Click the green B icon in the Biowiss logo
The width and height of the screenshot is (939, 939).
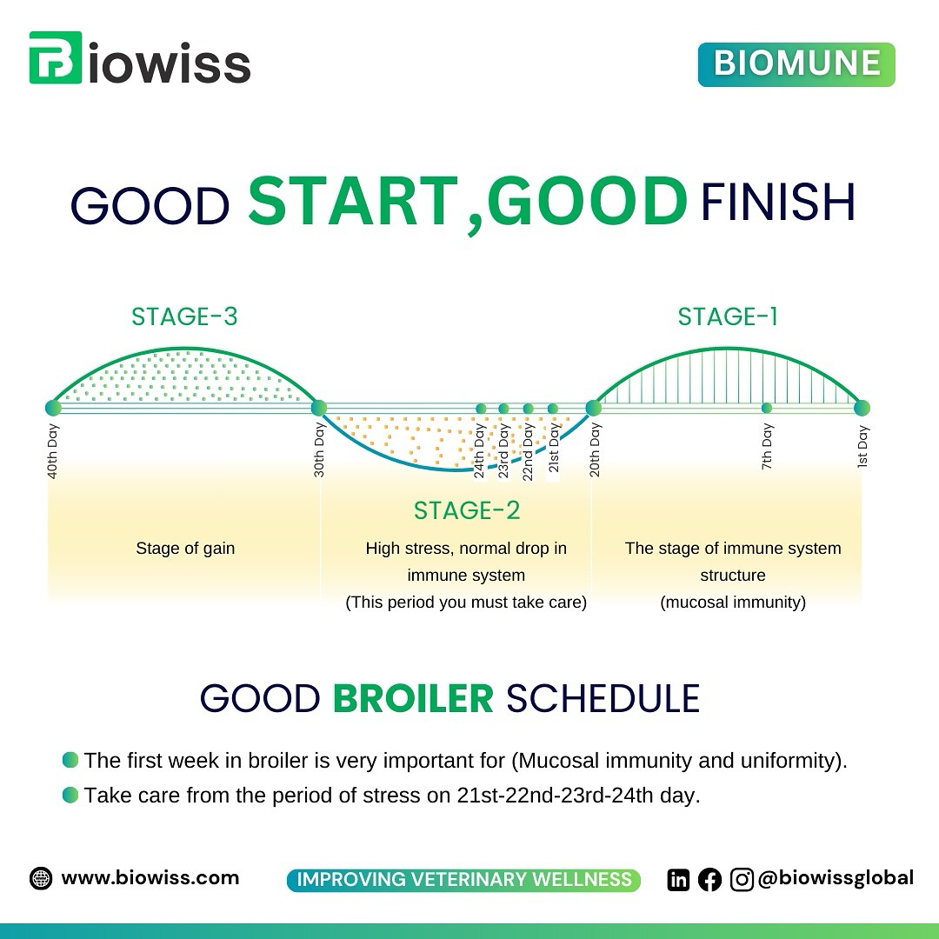click(x=55, y=57)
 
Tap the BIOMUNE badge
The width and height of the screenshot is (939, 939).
click(x=796, y=64)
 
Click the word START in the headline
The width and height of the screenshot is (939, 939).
click(x=353, y=201)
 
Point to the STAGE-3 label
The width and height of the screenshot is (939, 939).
click(x=184, y=316)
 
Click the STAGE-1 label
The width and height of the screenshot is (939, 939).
click(x=728, y=316)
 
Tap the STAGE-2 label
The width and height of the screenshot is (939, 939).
click(x=467, y=510)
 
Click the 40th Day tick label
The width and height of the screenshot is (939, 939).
click(x=53, y=451)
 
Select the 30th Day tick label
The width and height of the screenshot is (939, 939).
click(x=319, y=450)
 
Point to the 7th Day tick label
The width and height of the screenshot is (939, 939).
click(x=767, y=446)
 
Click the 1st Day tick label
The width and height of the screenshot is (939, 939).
click(x=862, y=446)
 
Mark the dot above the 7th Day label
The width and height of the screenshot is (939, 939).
click(x=767, y=408)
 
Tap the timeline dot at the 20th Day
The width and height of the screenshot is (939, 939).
click(x=594, y=408)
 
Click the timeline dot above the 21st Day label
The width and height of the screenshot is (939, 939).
click(x=553, y=409)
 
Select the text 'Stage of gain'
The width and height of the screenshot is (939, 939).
click(x=185, y=548)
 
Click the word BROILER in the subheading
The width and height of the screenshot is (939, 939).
click(x=413, y=698)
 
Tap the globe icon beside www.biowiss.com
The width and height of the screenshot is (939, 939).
click(x=41, y=878)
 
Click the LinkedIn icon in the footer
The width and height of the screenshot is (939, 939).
click(x=678, y=880)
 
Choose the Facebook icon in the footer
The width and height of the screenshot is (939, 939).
click(x=709, y=880)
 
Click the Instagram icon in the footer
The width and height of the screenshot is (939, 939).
click(x=742, y=880)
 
